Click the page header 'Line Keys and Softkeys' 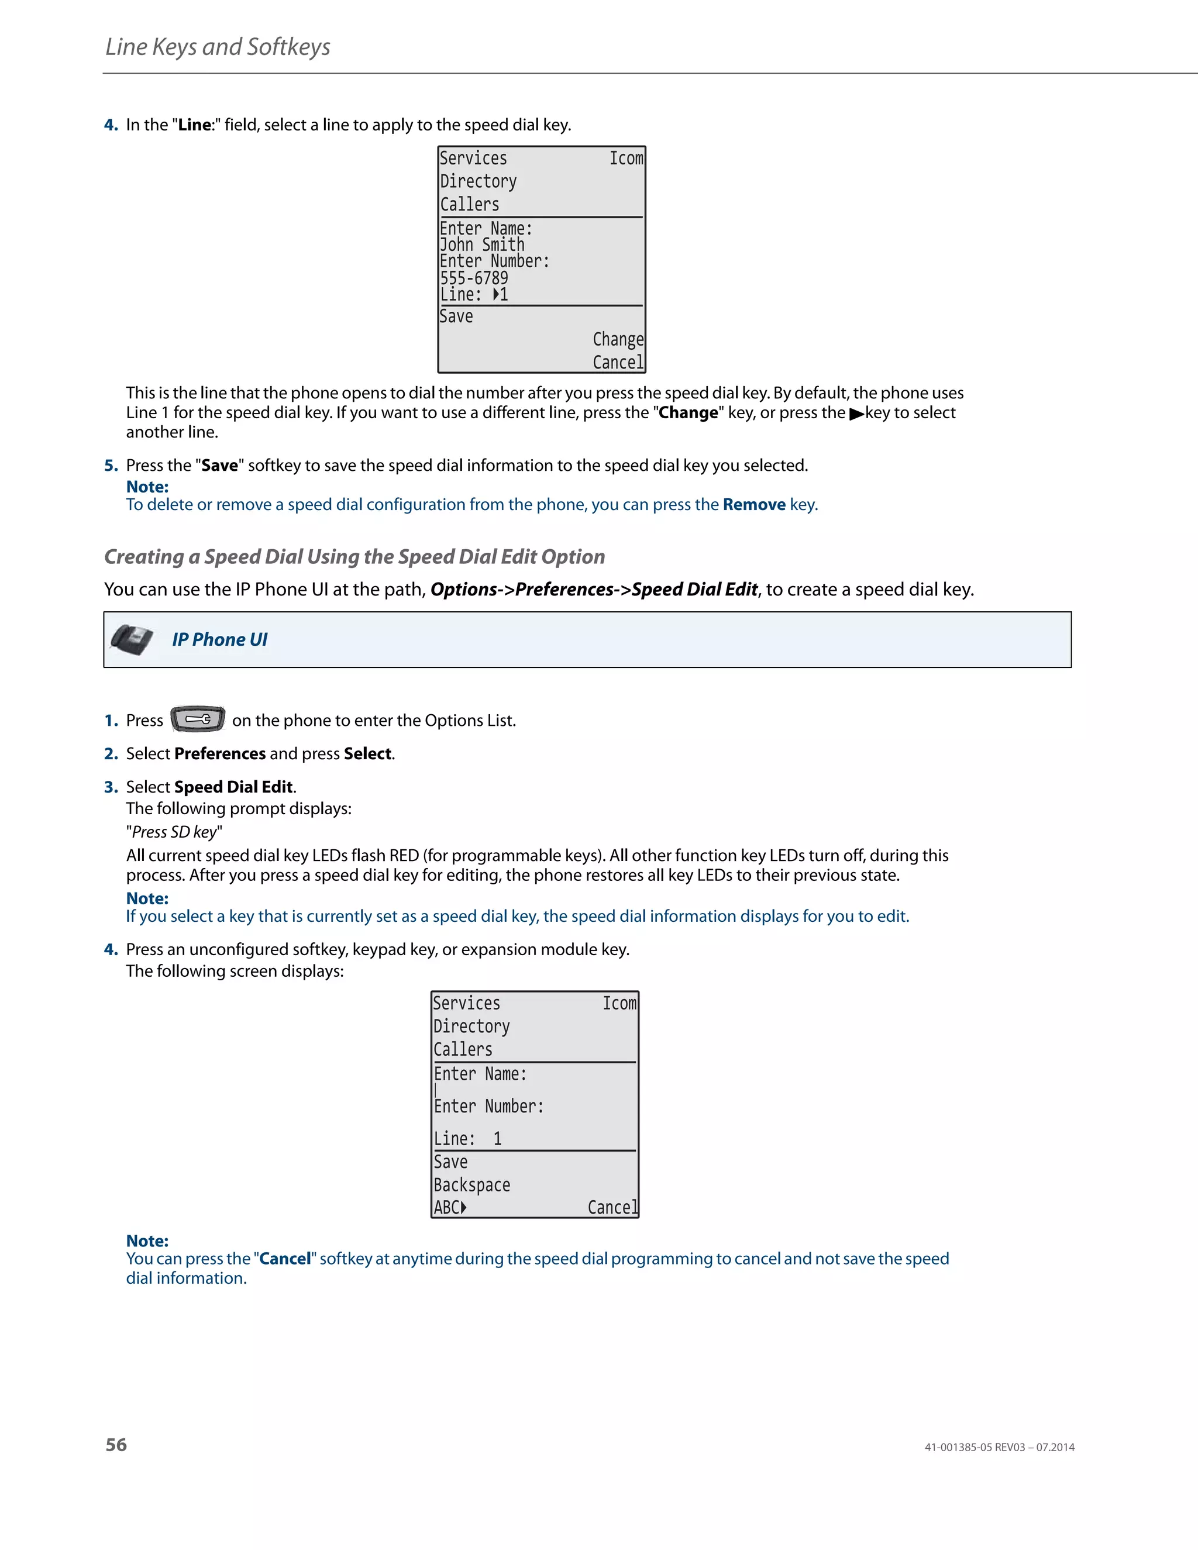pyautogui.click(x=218, y=47)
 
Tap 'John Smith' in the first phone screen pyautogui.click(x=482, y=245)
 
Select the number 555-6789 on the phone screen pyautogui.click(x=473, y=277)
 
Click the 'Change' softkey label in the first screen pyautogui.click(x=618, y=339)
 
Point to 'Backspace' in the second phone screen pyautogui.click(x=471, y=1184)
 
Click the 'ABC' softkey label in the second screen pyautogui.click(x=449, y=1207)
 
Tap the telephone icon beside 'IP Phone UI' pyautogui.click(x=132, y=639)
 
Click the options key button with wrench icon pyautogui.click(x=198, y=719)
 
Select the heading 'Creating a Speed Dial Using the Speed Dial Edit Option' pyautogui.click(x=354, y=556)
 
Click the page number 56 pyautogui.click(x=116, y=1445)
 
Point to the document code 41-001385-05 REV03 pyautogui.click(x=975, y=1447)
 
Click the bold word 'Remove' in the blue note pyautogui.click(x=753, y=505)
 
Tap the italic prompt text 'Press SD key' pyautogui.click(x=174, y=832)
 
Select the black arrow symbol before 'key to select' pyautogui.click(x=856, y=414)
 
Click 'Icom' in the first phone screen pyautogui.click(x=626, y=159)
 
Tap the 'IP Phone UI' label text pyautogui.click(x=219, y=639)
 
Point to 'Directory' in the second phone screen pyautogui.click(x=471, y=1027)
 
